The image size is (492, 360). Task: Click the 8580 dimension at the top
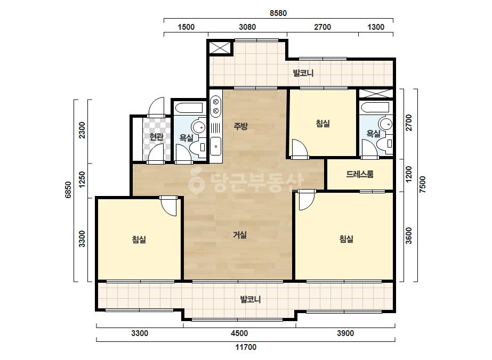[x=278, y=13]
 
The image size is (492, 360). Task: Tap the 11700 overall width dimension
[x=246, y=347]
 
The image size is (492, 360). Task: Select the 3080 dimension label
[x=247, y=27]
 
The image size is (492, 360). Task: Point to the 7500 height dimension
[x=423, y=185]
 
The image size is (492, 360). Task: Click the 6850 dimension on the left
[x=68, y=190]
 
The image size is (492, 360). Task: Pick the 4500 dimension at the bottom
[x=239, y=333]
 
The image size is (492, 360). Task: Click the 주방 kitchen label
[x=240, y=126]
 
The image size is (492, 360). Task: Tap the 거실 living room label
[x=240, y=235]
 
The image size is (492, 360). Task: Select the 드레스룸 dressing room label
[x=360, y=174]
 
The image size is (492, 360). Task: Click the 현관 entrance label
[x=156, y=137]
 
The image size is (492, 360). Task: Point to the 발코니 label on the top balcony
[x=303, y=73]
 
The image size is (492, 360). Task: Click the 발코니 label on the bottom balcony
[x=251, y=299]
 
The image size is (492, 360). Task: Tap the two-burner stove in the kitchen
[x=215, y=107]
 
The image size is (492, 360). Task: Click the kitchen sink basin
[x=215, y=146]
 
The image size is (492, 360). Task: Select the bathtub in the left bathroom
[x=189, y=108]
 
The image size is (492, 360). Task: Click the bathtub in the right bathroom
[x=375, y=108]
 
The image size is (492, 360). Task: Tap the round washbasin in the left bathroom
[x=198, y=127]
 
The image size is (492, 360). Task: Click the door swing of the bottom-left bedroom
[x=169, y=207]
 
